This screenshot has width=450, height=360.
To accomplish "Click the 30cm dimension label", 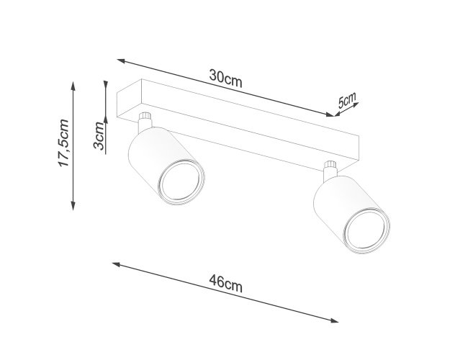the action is pos(225,78).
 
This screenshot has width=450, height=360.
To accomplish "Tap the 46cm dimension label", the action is pos(225,283).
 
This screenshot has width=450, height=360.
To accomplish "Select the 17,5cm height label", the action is pos(63,143).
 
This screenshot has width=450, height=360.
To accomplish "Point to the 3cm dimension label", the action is pos(99,136).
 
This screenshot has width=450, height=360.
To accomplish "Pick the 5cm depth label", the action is pos(346,99).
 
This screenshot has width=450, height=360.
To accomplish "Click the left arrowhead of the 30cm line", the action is pos(121,60).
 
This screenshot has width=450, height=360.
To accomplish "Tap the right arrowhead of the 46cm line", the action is pos(334,320).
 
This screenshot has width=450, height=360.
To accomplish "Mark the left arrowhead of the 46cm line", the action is pos(116,264).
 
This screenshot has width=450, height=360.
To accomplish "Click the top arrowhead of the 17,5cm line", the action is pos(73,86).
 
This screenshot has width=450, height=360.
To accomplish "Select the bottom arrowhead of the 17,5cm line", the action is pos(73,206).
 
